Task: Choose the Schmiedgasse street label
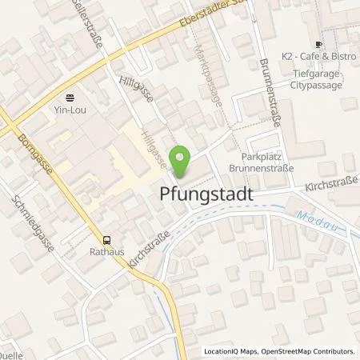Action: (28, 226)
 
